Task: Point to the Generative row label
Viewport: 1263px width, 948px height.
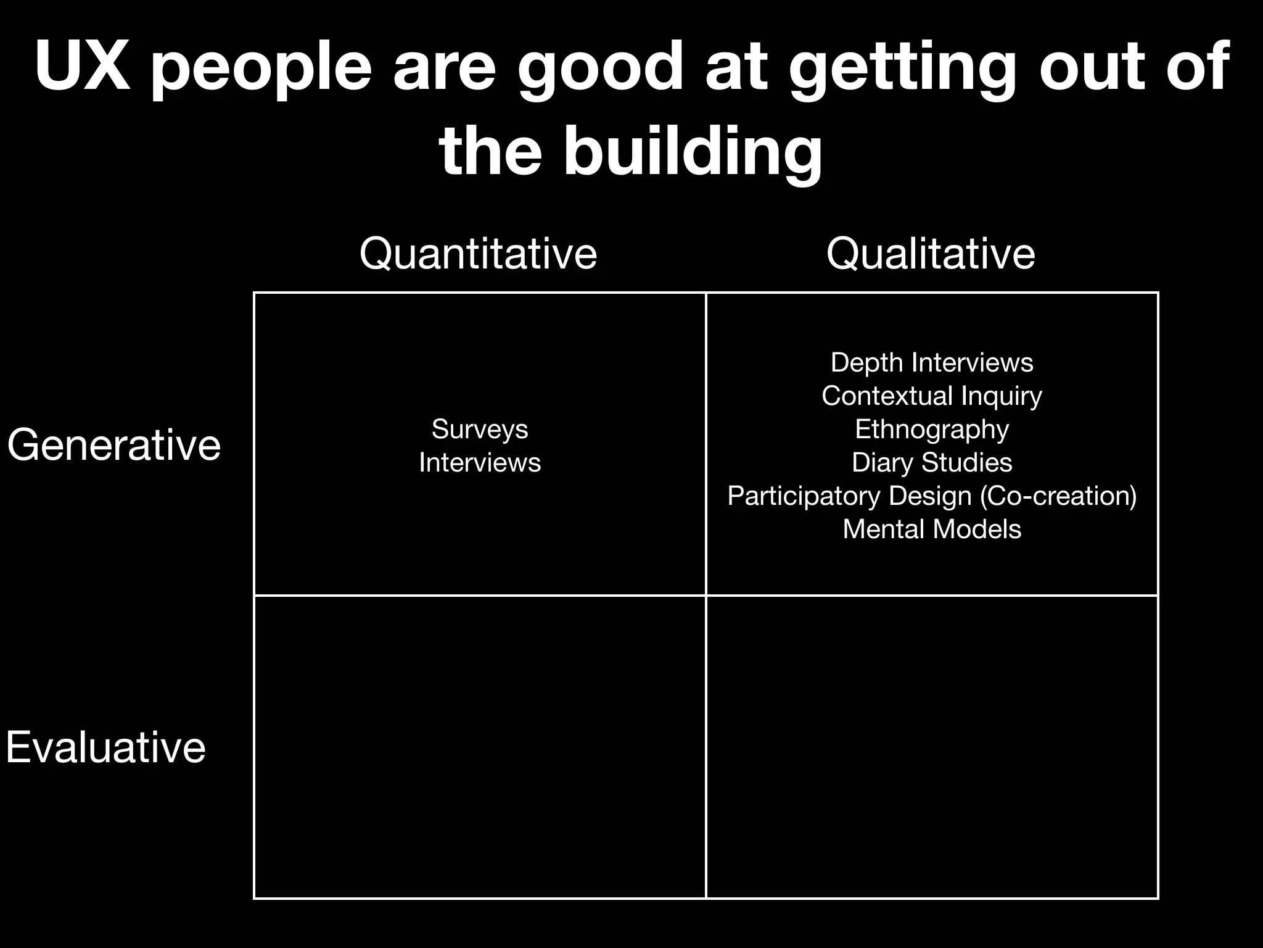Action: (x=114, y=444)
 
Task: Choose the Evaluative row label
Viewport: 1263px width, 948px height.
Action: (x=105, y=747)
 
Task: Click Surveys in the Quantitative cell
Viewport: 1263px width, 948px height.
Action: (x=480, y=429)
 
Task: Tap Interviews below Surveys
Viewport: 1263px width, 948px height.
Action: (x=480, y=462)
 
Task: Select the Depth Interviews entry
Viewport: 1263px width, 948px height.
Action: (x=932, y=362)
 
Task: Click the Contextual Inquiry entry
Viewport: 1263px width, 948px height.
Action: (x=932, y=396)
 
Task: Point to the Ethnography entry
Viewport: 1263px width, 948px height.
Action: (x=932, y=429)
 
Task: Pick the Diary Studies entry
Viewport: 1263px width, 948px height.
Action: (x=932, y=462)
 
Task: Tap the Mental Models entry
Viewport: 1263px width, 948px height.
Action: (x=932, y=529)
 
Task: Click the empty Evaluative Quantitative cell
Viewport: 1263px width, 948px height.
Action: (x=480, y=747)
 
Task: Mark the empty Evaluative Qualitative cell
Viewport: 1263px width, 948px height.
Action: (x=932, y=747)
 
